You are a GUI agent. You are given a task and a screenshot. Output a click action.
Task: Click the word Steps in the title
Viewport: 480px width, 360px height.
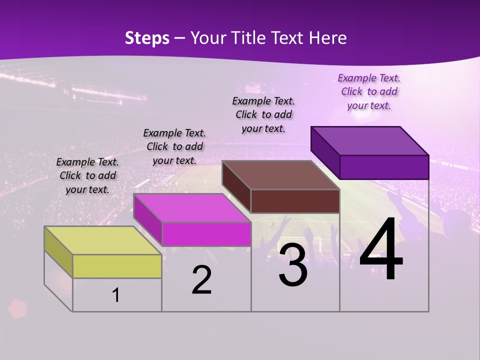147,38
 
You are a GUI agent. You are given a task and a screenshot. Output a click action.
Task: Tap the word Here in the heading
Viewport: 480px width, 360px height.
328,38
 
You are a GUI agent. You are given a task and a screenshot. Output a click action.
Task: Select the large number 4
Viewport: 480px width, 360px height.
381,251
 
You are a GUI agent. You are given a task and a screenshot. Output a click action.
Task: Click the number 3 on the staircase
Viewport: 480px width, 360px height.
293,265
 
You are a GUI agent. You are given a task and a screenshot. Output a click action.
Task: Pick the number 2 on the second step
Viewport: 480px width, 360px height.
202,280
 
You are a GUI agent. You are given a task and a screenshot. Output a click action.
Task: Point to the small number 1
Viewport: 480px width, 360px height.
116,295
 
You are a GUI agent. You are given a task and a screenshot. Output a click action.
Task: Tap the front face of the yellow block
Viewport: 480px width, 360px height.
117,266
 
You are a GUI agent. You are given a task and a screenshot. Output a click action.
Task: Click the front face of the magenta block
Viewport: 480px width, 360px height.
206,234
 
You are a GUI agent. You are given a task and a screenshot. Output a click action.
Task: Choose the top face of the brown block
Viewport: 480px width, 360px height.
280,175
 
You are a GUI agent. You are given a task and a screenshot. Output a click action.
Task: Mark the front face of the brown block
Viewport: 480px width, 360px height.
295,201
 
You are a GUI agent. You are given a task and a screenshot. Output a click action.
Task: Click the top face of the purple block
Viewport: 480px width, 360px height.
369,141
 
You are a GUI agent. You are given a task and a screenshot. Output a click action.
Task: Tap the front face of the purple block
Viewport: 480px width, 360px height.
384,167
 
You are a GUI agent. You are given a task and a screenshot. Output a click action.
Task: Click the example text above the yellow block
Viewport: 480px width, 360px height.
87,175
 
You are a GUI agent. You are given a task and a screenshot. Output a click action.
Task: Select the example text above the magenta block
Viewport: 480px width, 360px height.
174,146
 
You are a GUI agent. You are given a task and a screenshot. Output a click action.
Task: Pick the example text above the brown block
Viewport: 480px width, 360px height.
263,114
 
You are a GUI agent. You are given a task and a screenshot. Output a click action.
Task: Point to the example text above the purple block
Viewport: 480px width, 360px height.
369,91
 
